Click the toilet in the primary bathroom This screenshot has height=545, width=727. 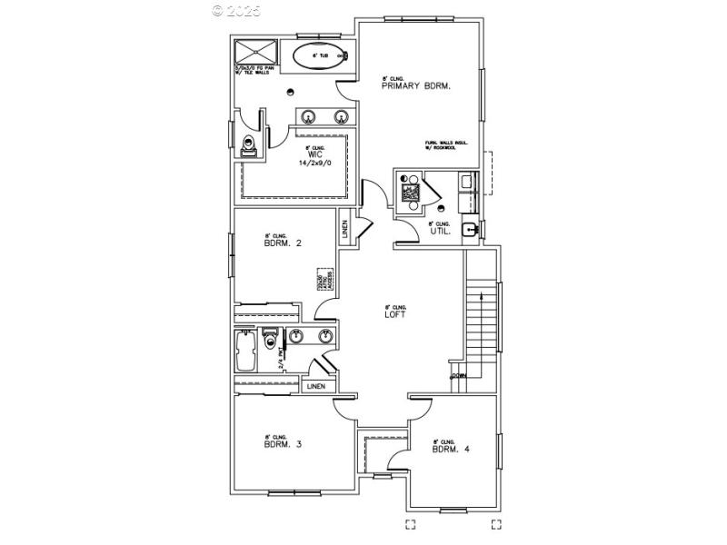click(249, 144)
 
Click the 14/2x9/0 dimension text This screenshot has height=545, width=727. click(314, 164)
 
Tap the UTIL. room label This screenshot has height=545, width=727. click(440, 232)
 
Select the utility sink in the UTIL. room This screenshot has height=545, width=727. click(469, 229)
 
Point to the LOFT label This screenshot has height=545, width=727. click(393, 314)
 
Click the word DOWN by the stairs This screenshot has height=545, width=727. click(459, 375)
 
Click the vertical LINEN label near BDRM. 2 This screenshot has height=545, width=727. click(345, 230)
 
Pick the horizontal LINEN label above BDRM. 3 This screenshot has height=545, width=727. click(315, 387)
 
